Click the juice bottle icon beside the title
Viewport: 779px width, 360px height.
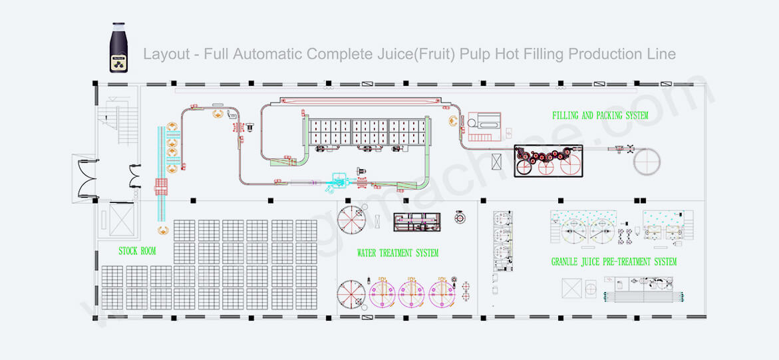pos(120,48)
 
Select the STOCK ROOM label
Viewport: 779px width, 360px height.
pos(137,251)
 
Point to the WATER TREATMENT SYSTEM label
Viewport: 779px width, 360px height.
pos(397,253)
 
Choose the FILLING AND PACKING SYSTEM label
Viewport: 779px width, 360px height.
pos(600,115)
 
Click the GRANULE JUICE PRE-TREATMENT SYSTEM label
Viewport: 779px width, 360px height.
pos(613,262)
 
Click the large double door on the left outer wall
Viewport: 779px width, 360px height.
pos(86,178)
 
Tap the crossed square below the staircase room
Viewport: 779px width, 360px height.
pos(120,219)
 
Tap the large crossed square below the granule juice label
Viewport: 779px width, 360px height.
pos(573,288)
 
